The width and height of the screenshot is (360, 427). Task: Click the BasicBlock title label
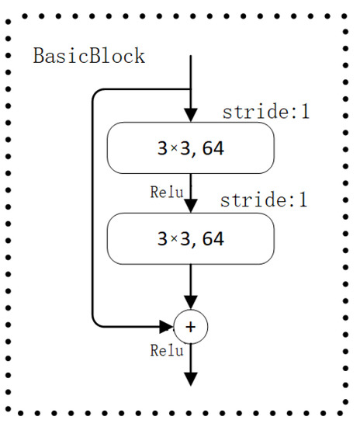coord(88,57)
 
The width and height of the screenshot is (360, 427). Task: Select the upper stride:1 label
coord(266,111)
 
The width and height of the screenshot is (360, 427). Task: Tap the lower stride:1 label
coord(265,200)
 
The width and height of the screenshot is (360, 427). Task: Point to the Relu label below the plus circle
coord(167,350)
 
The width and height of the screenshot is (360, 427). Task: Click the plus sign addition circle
coord(191,327)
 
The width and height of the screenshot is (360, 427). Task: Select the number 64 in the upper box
coord(209,148)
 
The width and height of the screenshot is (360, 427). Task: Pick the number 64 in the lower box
coord(209,238)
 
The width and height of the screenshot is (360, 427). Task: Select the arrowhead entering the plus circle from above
coord(191,302)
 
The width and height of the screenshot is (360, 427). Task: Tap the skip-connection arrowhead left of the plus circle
coord(167,327)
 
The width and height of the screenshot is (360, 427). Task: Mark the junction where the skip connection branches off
coord(191,89)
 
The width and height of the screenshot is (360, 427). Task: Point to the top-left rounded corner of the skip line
coord(95,92)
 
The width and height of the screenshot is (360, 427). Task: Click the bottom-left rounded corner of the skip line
coord(95,324)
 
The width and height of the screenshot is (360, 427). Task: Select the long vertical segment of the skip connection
coord(93,210)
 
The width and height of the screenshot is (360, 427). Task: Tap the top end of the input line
coord(191,56)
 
